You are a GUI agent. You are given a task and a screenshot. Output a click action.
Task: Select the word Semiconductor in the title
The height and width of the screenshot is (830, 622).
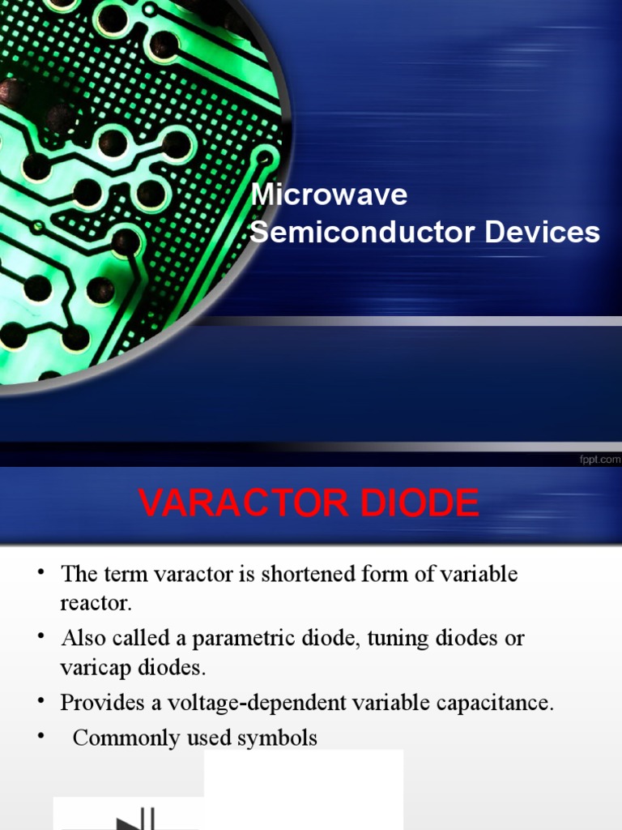(364, 233)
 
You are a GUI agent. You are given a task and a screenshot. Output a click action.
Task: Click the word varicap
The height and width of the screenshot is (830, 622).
(92, 668)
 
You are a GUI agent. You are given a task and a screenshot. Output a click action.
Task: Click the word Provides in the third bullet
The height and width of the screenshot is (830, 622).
(94, 703)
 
